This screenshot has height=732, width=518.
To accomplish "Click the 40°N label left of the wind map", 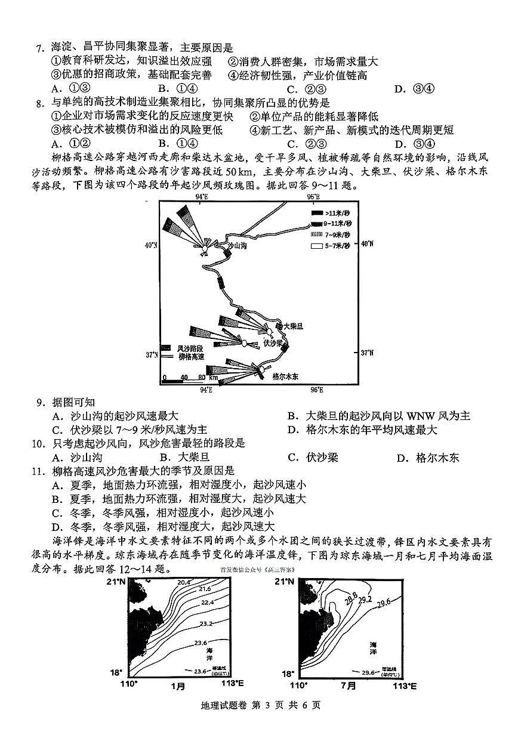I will [x=150, y=245].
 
